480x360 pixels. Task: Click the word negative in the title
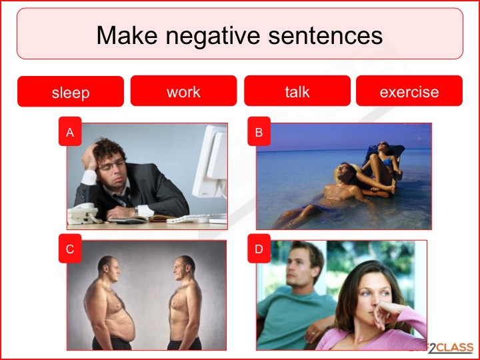coord(213,36)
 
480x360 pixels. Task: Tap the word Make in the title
coord(127,35)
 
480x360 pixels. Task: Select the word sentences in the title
coord(325,35)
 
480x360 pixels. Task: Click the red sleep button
coord(71,91)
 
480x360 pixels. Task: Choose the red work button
coord(184,91)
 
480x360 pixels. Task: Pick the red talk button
coord(297,91)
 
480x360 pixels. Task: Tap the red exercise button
coord(409,91)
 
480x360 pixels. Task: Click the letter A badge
coord(70,131)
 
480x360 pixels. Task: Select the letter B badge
coord(259,131)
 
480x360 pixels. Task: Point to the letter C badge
coord(70,248)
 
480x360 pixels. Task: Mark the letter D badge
coord(259,248)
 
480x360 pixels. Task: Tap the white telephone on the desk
coord(83,213)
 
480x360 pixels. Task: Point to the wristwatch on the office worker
coord(136,211)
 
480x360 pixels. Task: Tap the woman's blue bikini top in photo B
coord(386,161)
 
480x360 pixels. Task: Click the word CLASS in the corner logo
coord(455,348)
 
